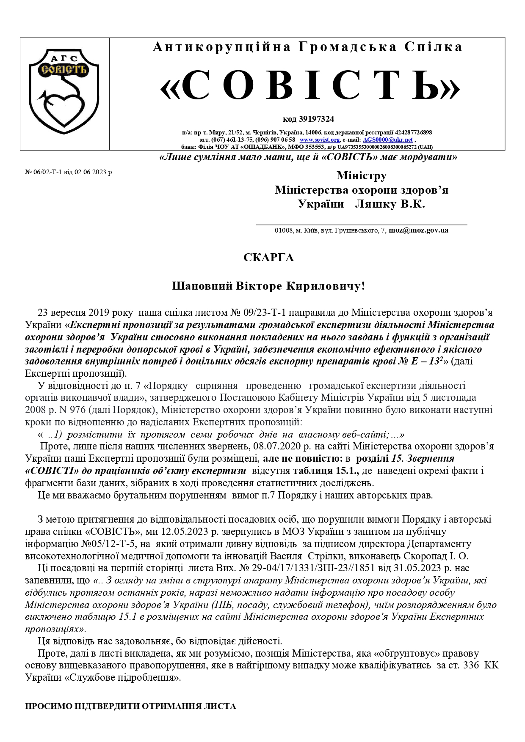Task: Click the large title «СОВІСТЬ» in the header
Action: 310,86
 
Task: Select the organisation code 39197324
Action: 316,119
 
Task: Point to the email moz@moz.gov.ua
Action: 418,230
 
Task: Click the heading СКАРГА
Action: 268,258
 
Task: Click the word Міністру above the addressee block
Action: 361,175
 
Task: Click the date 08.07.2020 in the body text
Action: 276,446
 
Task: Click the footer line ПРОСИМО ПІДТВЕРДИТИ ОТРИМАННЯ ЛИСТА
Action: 130,706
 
